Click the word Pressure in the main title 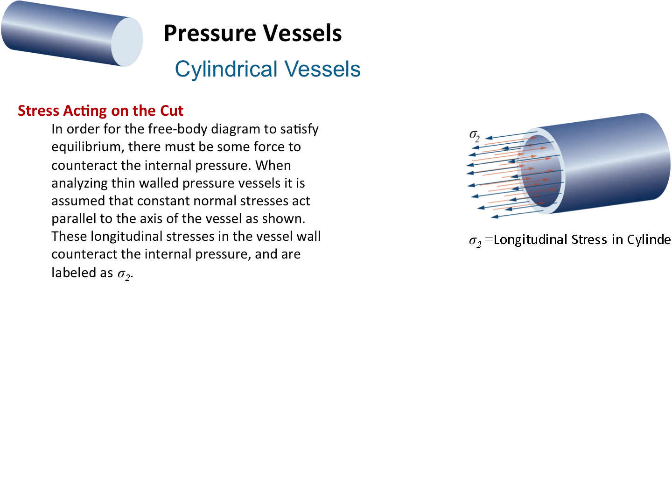(210, 34)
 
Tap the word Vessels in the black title (302, 33)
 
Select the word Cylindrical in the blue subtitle (226, 69)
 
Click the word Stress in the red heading (38, 111)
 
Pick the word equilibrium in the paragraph (88, 147)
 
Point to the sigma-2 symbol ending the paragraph (124, 273)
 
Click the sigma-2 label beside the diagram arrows (475, 135)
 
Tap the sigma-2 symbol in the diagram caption (475, 241)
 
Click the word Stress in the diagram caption (589, 239)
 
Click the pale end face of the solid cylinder (127, 42)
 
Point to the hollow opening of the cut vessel (542, 171)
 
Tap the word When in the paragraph (273, 166)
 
